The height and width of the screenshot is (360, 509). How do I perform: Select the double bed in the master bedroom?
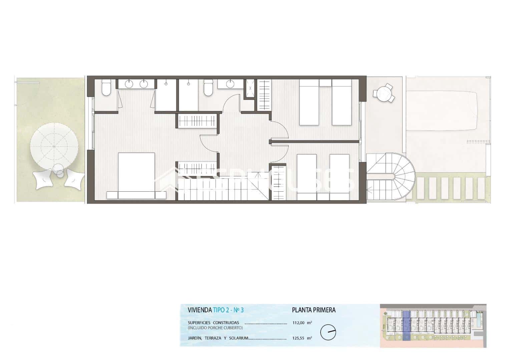pos(136,175)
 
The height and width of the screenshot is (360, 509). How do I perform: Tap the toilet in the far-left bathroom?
pos(106,88)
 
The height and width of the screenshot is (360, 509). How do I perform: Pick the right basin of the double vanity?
pos(144,84)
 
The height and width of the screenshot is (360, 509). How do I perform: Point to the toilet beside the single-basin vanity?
pos(208,88)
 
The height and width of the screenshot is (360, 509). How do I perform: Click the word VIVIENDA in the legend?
pos(199,310)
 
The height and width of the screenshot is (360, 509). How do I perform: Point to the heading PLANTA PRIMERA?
pos(314,310)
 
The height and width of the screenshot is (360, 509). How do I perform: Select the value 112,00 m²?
pos(302,323)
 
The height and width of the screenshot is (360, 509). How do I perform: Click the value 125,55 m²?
pos(302,338)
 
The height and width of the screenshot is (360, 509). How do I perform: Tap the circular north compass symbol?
pos(328,332)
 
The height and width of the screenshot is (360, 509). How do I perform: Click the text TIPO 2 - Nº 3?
pos(228,310)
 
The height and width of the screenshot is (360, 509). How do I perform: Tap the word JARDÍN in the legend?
pos(195,338)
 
